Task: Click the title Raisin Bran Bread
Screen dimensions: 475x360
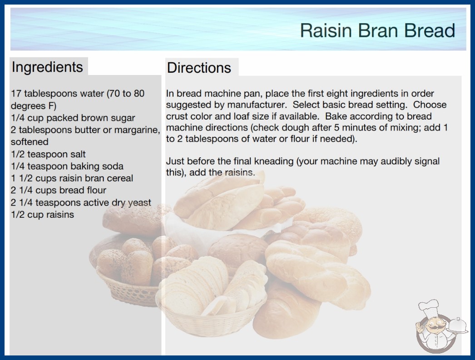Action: [x=377, y=30]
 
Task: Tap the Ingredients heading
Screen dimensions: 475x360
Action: [x=47, y=67]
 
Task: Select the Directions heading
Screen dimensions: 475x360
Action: [x=199, y=68]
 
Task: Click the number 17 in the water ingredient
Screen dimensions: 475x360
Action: [x=16, y=94]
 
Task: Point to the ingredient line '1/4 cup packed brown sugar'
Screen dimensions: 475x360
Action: [x=73, y=118]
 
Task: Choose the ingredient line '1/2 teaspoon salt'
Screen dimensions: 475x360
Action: [x=48, y=154]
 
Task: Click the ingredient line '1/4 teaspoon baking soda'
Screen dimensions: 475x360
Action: [x=67, y=166]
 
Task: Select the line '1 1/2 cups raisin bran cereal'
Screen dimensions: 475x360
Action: [x=72, y=178]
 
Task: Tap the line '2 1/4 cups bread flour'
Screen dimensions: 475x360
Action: [x=59, y=190]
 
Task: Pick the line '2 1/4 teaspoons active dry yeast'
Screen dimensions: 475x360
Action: [x=81, y=202]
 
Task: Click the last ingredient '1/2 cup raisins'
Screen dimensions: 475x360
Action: [x=42, y=215]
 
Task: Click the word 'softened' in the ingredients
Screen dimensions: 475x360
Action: [x=30, y=142]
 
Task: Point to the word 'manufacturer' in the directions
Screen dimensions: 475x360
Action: [x=257, y=105]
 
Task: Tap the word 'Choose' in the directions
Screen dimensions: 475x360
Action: [x=430, y=105]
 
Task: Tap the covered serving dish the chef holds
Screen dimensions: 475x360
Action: [x=458, y=326]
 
